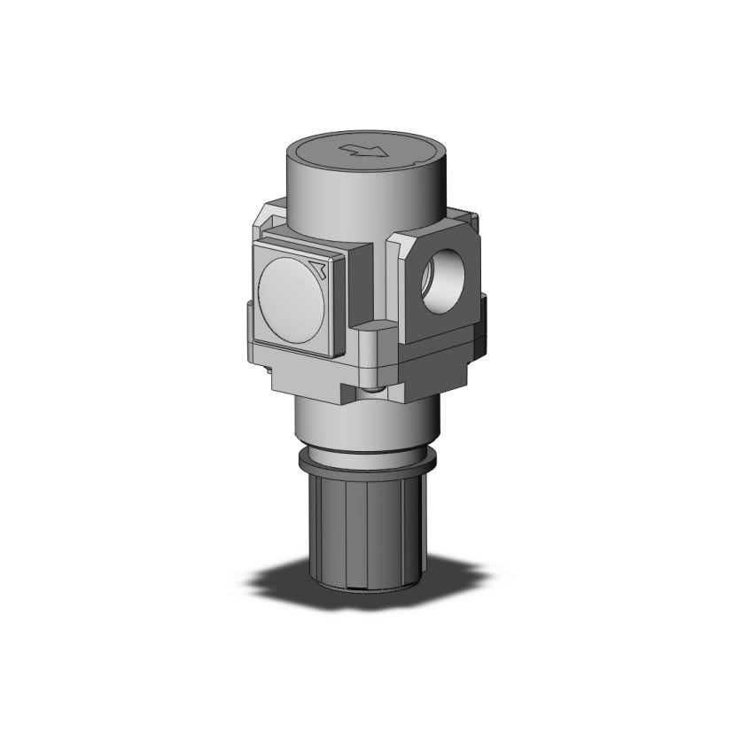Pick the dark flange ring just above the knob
pyautogui.click(x=364, y=462)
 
